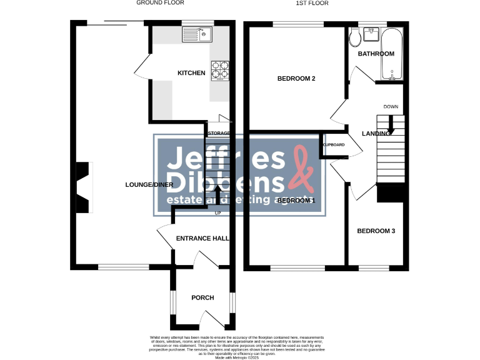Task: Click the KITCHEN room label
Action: [x=191, y=73]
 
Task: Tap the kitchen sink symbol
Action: [x=197, y=34]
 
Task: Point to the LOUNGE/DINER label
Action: [x=149, y=184]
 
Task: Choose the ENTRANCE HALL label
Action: [x=202, y=239]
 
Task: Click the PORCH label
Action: [x=202, y=297]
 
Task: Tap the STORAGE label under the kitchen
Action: [x=219, y=133]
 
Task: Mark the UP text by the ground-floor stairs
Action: [x=218, y=214]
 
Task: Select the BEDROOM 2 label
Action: [x=296, y=79]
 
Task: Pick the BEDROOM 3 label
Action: [x=376, y=231]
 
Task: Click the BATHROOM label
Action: [x=376, y=54]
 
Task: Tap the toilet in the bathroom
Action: [x=355, y=39]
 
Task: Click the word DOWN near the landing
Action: [x=391, y=107]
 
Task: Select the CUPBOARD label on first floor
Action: [x=333, y=145]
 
